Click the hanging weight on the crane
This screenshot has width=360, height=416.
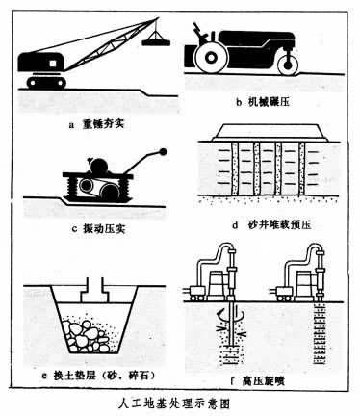[x=156, y=41]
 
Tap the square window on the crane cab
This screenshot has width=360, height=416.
[x=52, y=64]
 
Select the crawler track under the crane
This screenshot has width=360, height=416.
[x=46, y=83]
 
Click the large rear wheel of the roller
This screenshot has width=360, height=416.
[x=211, y=58]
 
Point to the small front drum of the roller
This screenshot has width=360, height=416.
[x=288, y=65]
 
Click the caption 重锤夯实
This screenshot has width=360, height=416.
[x=103, y=124]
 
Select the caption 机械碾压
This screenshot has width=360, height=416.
[x=270, y=102]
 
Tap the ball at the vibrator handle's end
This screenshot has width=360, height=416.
[x=164, y=152]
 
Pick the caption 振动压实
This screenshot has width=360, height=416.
[x=104, y=229]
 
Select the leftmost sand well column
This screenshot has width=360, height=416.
[x=235, y=169]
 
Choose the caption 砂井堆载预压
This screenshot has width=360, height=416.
[x=280, y=225]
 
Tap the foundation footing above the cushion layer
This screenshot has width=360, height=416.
[x=94, y=291]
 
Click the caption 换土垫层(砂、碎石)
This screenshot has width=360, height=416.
[x=103, y=375]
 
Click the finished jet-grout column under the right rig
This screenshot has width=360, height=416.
[x=320, y=334]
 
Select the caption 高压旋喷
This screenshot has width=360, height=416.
[x=264, y=381]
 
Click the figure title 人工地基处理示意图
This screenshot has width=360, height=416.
[x=174, y=403]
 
